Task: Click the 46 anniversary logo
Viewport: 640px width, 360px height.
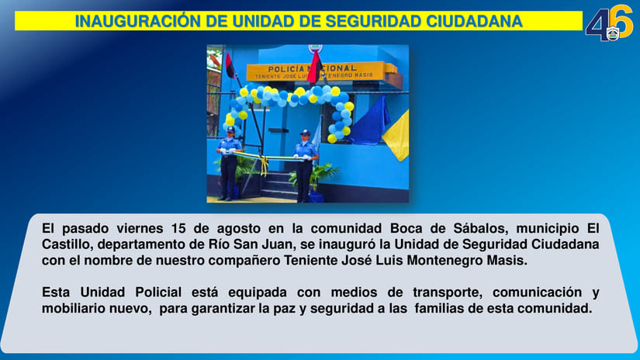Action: pos(608,23)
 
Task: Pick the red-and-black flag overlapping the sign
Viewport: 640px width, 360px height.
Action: pos(314,66)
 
